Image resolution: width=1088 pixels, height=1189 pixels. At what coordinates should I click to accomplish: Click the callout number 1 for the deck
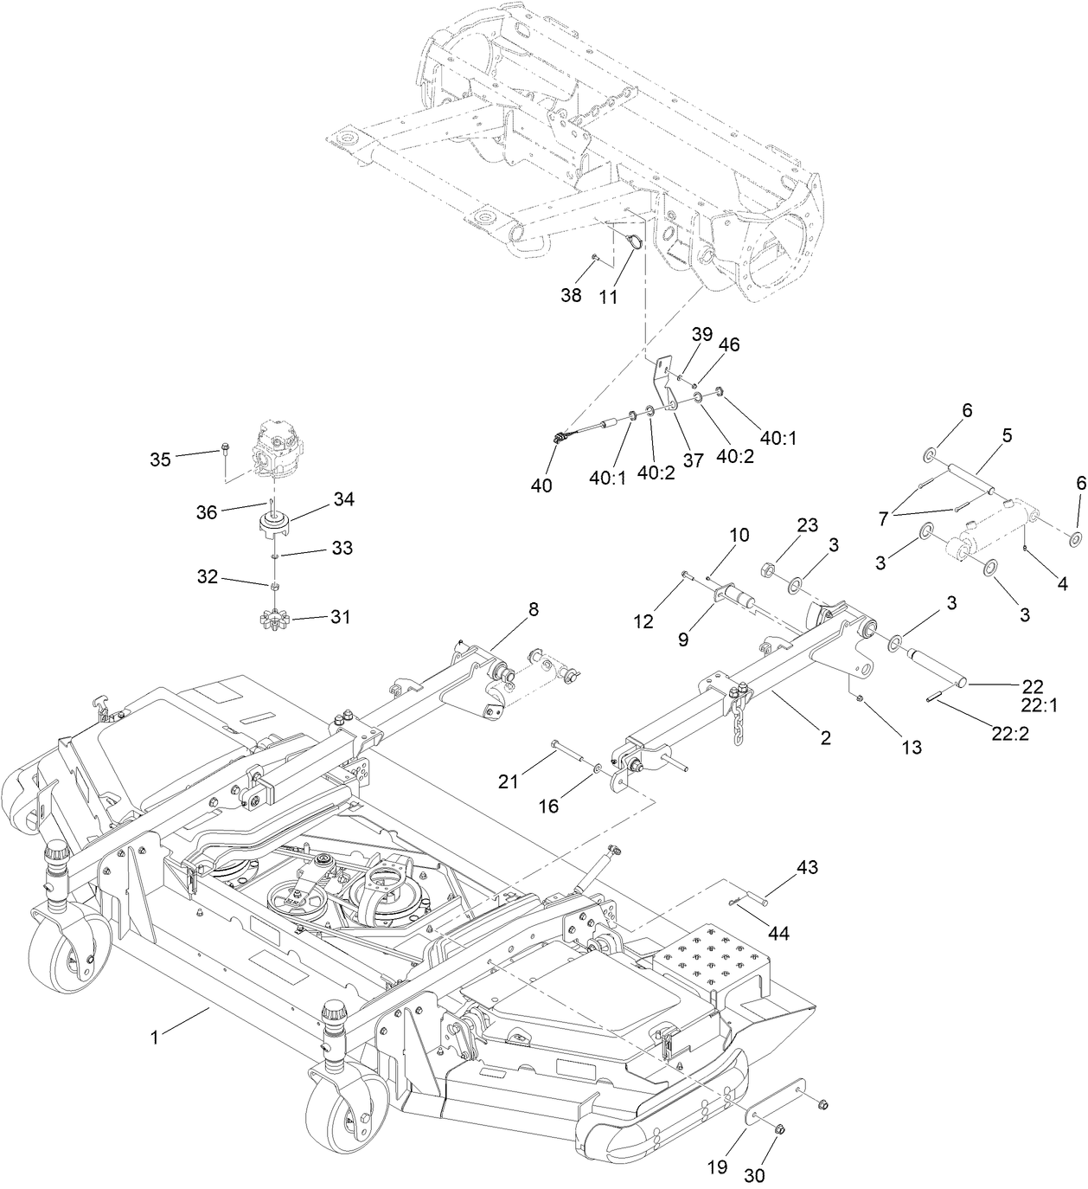155,1036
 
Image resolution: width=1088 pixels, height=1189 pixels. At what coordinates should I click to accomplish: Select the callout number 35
160,459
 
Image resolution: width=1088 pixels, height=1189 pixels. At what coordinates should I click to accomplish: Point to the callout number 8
533,609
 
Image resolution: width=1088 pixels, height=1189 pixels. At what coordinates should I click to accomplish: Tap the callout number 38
571,295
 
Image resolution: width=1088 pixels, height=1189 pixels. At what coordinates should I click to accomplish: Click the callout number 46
729,344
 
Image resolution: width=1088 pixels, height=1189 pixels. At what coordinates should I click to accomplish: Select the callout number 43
807,867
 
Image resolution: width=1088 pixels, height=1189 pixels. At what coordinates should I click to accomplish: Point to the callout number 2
825,737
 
